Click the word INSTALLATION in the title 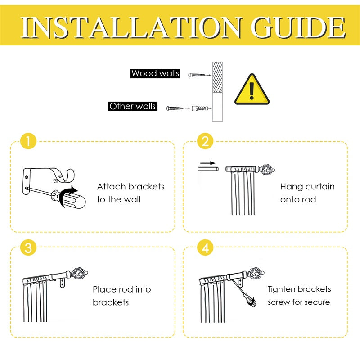tap(131, 27)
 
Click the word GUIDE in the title tap(298, 27)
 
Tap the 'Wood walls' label tap(155, 73)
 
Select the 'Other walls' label tap(133, 106)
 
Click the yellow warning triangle tap(252, 89)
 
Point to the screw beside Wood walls tap(197, 75)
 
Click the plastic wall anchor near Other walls tap(199, 108)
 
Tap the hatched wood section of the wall tap(217, 77)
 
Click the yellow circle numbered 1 tap(28, 141)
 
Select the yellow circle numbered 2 tap(205, 141)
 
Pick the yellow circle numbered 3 tap(28, 247)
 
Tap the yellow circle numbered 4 tap(205, 247)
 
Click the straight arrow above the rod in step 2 tap(207, 163)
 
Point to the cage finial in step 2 tap(267, 170)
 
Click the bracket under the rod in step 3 tap(62, 283)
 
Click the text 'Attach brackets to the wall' tap(130, 193)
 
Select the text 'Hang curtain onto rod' tap(307, 193)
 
